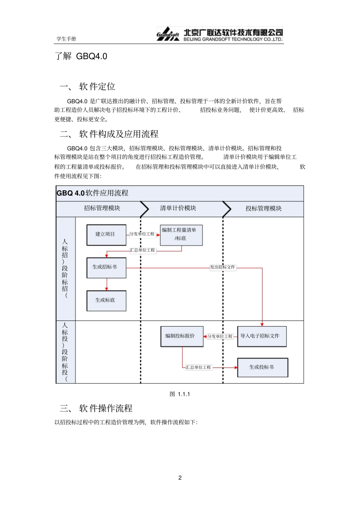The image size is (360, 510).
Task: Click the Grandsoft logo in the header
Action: [x=168, y=34]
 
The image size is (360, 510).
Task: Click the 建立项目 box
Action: [x=106, y=235]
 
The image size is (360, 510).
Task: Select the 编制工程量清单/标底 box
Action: [x=181, y=235]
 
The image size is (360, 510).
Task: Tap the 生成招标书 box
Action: [x=106, y=267]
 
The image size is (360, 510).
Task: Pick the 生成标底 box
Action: [x=106, y=300]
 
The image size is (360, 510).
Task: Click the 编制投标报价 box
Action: [x=182, y=336]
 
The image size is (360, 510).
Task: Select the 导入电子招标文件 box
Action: [x=261, y=336]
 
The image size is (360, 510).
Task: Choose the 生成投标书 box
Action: [x=262, y=367]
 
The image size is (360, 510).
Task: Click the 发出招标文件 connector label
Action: [x=223, y=267]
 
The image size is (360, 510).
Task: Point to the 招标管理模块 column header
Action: [x=102, y=208]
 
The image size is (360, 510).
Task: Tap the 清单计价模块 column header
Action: [x=178, y=208]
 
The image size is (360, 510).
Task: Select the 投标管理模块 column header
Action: [x=263, y=209]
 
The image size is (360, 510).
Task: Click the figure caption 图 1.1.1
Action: [x=180, y=394]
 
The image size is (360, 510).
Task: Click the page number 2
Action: [x=180, y=478]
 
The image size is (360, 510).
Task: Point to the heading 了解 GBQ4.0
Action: [x=81, y=56]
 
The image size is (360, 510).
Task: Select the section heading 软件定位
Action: [x=97, y=87]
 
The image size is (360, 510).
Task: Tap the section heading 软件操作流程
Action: [x=106, y=408]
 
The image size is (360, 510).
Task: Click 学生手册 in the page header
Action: [x=66, y=39]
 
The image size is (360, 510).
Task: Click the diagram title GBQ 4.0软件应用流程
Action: [x=92, y=193]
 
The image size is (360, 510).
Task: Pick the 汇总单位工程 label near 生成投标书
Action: [x=199, y=367]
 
